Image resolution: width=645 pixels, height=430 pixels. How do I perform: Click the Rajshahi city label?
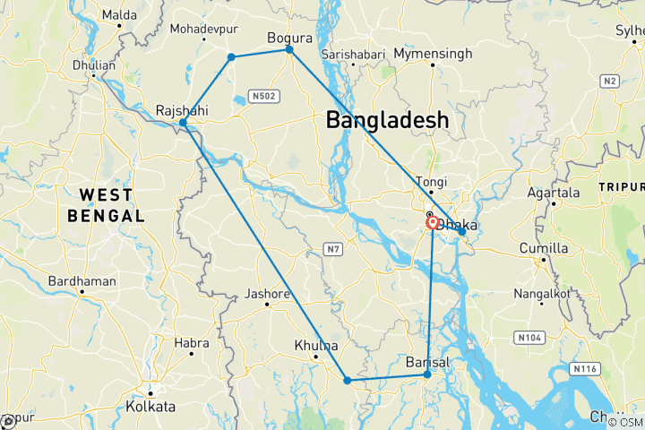click(184, 109)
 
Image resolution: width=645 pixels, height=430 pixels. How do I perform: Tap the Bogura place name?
click(289, 38)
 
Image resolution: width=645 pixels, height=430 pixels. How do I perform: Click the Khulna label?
click(316, 345)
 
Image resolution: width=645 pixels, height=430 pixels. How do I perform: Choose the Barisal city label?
click(426, 361)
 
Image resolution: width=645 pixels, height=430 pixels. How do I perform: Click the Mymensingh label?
click(433, 54)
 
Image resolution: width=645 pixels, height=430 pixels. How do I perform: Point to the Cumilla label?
click(544, 248)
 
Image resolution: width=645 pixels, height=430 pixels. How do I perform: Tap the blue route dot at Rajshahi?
click(183, 123)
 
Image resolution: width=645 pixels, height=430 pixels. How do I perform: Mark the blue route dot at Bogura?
click(289, 49)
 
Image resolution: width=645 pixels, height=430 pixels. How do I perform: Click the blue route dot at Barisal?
click(427, 374)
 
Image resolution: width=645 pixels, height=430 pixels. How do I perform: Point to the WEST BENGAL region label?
click(106, 205)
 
